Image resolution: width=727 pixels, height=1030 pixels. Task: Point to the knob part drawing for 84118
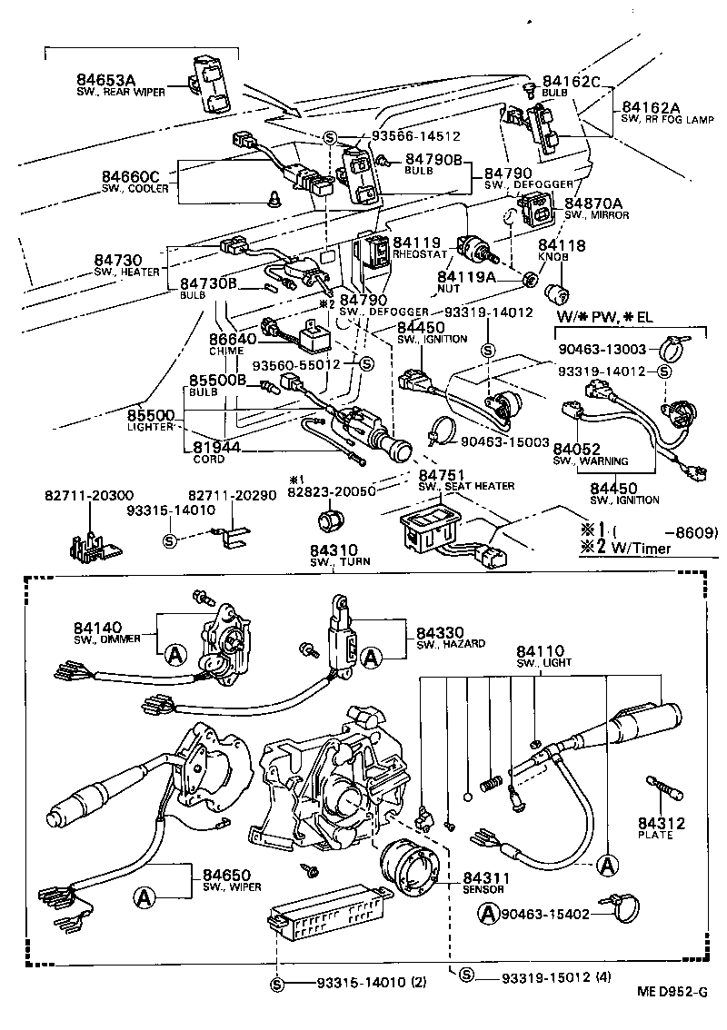pyautogui.click(x=556, y=295)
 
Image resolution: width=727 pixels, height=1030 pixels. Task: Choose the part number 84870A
pyautogui.click(x=593, y=203)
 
